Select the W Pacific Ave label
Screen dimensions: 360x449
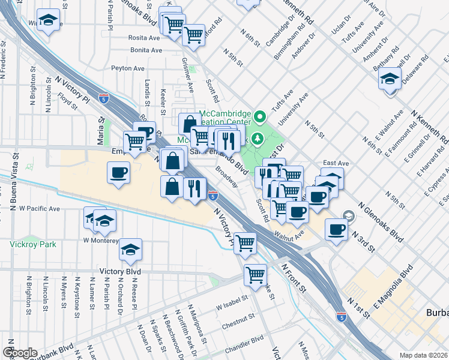point(40,209)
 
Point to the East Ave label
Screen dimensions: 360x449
point(336,163)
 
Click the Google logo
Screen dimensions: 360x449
point(20,353)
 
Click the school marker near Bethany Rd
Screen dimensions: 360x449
point(390,80)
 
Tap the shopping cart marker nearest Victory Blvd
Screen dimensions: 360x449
point(256,275)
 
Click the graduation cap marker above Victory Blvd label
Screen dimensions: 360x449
point(130,250)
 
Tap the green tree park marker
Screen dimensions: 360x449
point(258,139)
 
